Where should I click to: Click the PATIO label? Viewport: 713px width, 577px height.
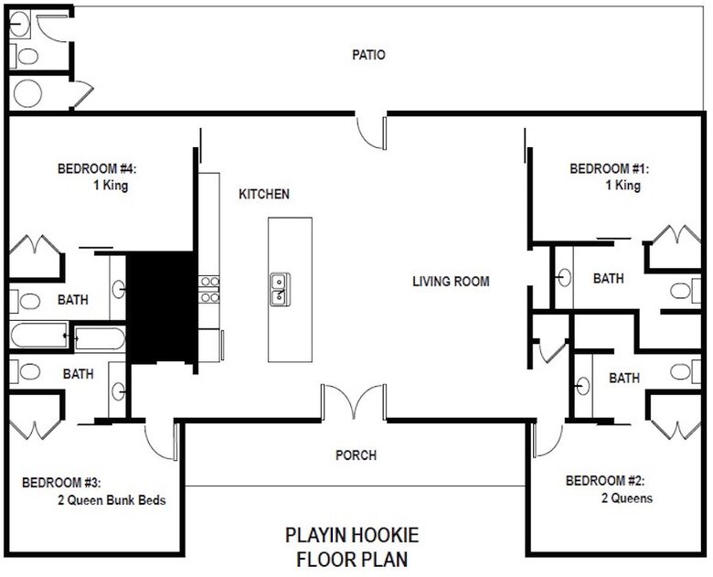pos(368,55)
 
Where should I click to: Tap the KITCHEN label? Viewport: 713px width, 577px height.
pos(264,194)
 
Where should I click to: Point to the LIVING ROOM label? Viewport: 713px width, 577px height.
pos(451,282)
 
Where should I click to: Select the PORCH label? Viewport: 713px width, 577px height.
pos(356,455)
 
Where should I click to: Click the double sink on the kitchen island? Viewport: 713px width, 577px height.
pos(280,289)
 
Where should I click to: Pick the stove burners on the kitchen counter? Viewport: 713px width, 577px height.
pos(209,289)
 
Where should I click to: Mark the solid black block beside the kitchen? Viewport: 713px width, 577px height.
pos(162,307)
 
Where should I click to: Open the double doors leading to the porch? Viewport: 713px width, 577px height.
pos(354,401)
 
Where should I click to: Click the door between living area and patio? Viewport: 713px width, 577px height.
pos(371,133)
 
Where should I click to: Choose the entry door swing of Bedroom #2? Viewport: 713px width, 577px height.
pos(548,440)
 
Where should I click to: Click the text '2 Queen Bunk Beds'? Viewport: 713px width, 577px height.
pos(112,500)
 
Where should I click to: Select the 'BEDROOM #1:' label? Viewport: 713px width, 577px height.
pos(610,169)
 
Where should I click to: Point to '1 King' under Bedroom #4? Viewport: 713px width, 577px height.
pos(111,186)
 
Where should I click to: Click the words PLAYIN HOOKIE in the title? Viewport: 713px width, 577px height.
pos(352,535)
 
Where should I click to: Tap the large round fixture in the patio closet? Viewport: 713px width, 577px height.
pos(27,93)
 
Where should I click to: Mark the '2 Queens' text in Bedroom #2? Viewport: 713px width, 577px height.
pos(627,498)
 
